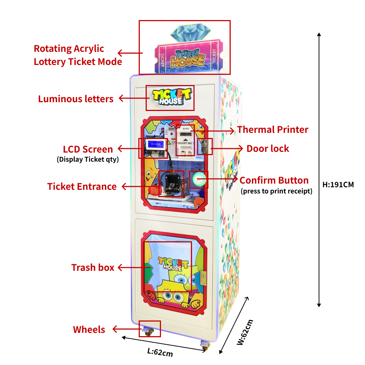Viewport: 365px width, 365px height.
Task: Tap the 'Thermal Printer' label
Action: tap(273, 130)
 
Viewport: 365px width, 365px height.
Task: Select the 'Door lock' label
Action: tap(268, 149)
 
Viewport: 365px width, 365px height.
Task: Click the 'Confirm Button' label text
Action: tap(274, 180)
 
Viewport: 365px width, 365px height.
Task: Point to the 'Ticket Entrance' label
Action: tap(82, 187)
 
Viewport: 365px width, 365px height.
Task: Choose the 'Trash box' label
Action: tap(93, 268)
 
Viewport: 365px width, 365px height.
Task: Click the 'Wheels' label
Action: tap(89, 330)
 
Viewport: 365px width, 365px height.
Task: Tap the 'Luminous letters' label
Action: tap(76, 99)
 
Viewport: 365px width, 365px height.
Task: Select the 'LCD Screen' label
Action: tap(88, 149)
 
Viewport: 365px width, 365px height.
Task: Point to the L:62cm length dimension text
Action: tap(160, 352)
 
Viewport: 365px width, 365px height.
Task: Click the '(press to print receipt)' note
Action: tap(276, 191)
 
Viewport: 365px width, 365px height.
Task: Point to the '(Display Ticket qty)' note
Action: tap(88, 159)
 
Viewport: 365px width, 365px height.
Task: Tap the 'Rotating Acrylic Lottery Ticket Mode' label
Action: tap(78, 55)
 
